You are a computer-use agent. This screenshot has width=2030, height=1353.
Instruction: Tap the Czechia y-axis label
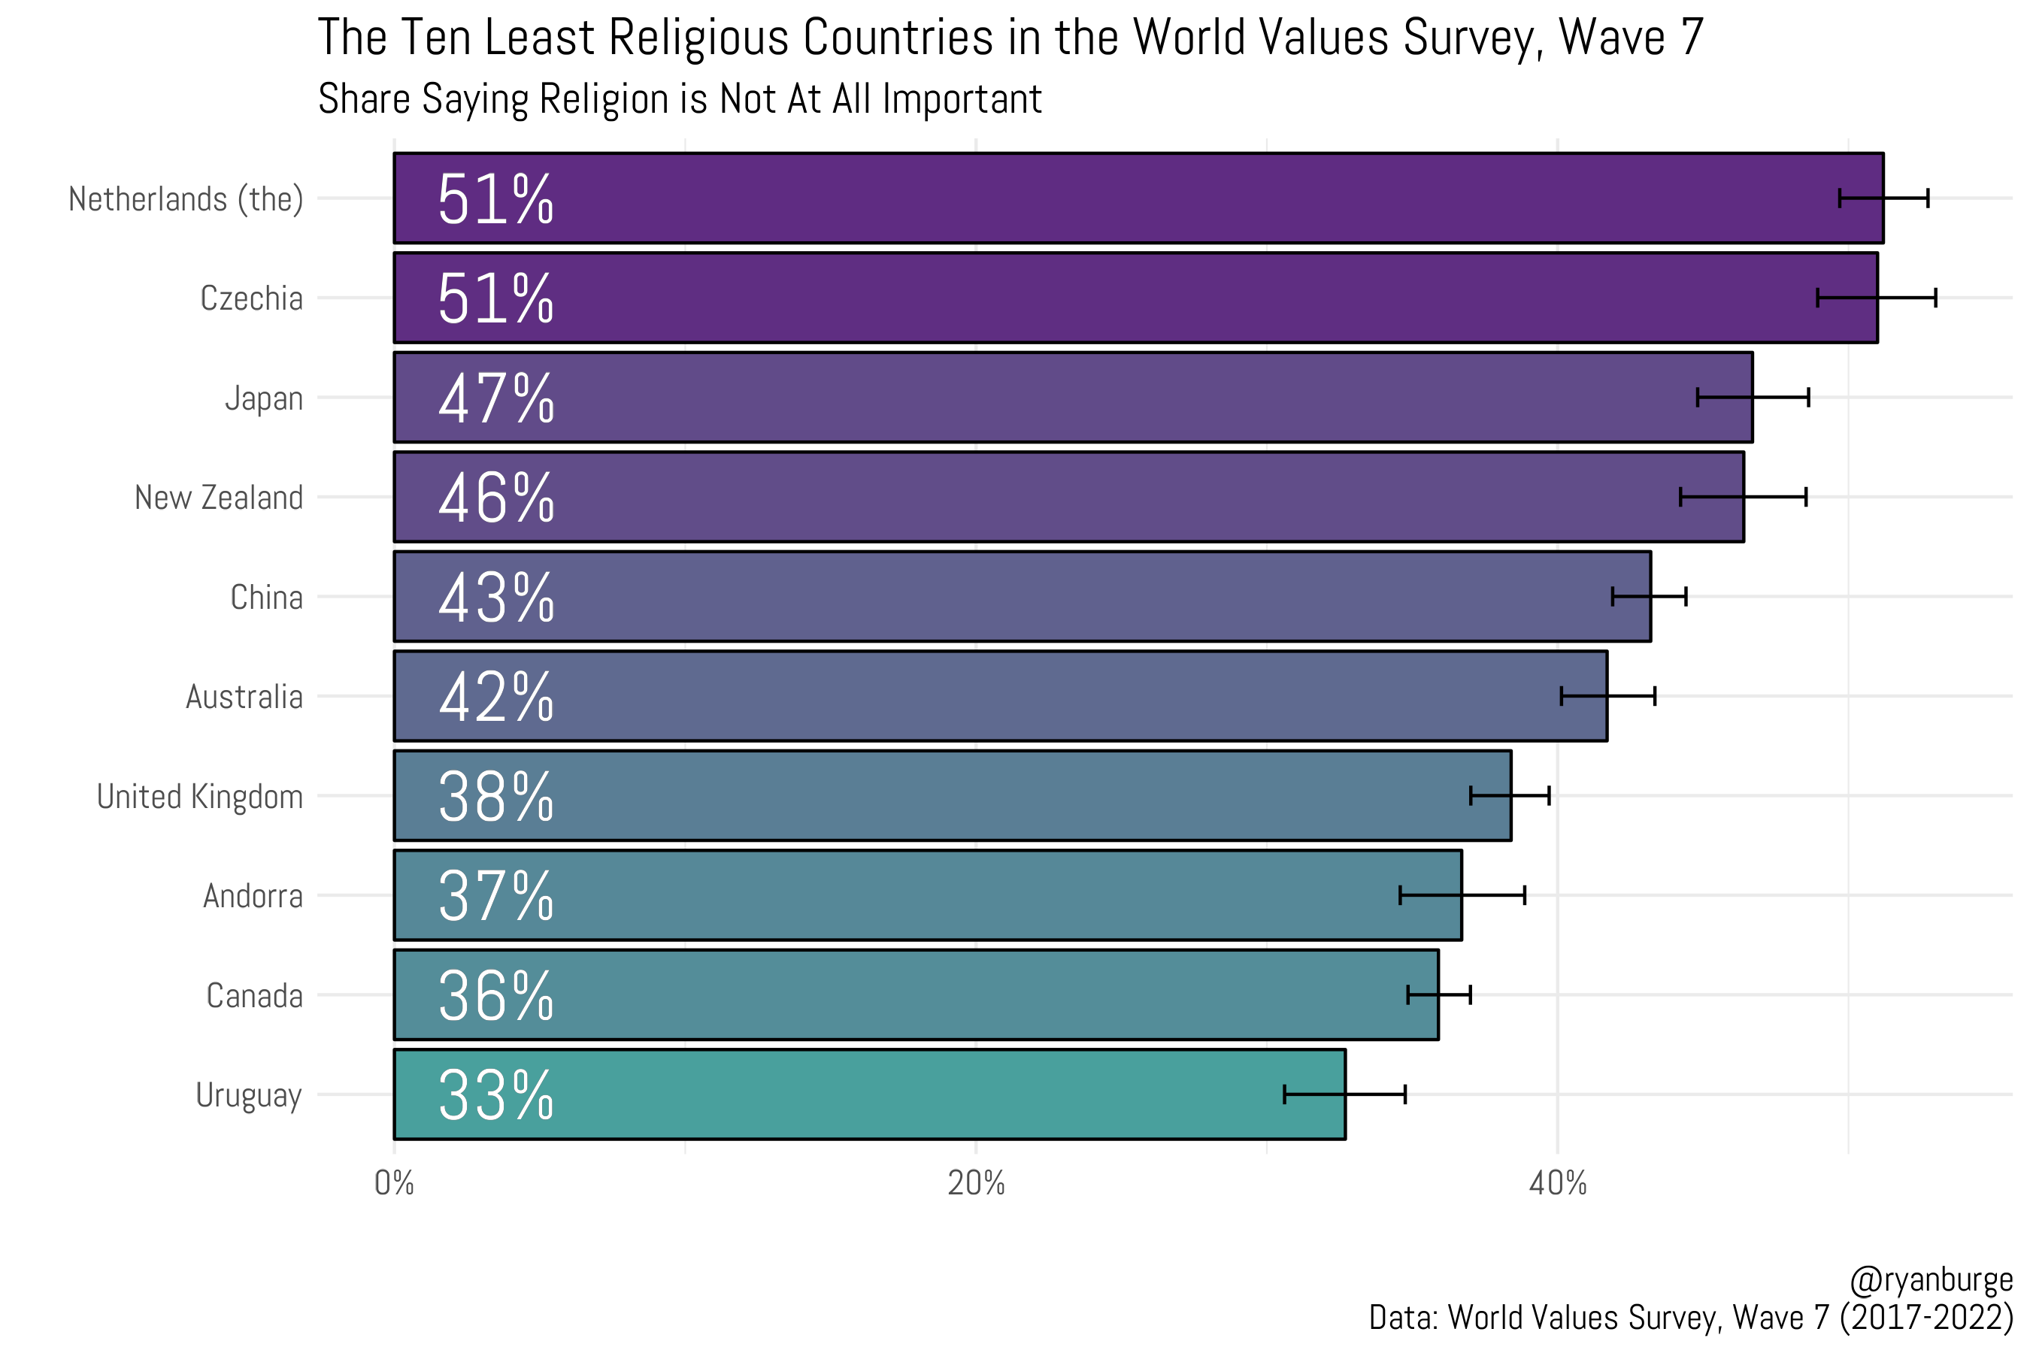pyautogui.click(x=251, y=298)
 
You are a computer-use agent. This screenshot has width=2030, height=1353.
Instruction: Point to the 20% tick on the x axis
pyautogui.click(x=975, y=1183)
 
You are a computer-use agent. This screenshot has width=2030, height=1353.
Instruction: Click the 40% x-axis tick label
pyautogui.click(x=1557, y=1183)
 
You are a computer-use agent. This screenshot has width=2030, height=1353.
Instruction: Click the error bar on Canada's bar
pyautogui.click(x=1439, y=995)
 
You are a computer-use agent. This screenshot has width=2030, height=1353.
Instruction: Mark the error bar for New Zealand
pyautogui.click(x=1743, y=497)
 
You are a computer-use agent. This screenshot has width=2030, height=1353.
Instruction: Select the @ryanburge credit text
pyautogui.click(x=1931, y=1279)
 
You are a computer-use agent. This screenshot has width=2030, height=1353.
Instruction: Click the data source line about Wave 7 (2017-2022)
pyautogui.click(x=1690, y=1318)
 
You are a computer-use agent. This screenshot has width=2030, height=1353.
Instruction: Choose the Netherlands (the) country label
pyautogui.click(x=186, y=199)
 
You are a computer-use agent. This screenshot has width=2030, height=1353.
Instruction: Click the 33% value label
pyautogui.click(x=495, y=1095)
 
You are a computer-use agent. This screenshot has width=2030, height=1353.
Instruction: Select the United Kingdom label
pyautogui.click(x=199, y=797)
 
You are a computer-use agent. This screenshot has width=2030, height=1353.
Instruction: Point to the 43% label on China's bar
pyautogui.click(x=495, y=597)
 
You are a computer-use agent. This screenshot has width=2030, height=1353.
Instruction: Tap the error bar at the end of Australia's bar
pyautogui.click(x=1607, y=695)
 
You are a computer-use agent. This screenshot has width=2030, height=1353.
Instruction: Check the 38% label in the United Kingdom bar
pyautogui.click(x=495, y=797)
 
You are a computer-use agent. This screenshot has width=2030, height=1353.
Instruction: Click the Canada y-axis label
pyautogui.click(x=254, y=996)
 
